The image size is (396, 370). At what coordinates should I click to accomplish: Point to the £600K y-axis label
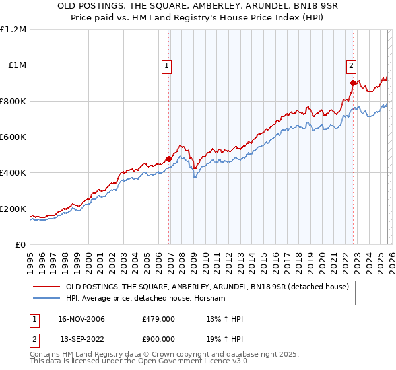13,137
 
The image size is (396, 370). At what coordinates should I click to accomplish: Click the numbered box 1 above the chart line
168,65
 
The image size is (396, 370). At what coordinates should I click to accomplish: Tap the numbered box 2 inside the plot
352,65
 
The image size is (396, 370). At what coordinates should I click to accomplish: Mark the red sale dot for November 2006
168,159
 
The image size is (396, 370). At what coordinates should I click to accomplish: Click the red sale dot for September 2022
353,83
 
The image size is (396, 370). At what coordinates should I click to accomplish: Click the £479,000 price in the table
158,320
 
